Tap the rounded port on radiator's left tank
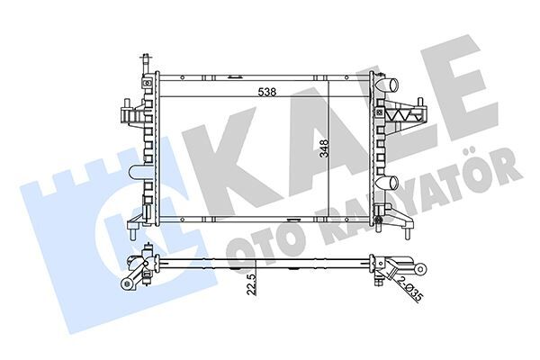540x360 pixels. click(137, 171)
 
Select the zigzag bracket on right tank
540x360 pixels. click(406, 114)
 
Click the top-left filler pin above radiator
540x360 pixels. click(142, 65)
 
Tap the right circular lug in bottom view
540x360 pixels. click(420, 268)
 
